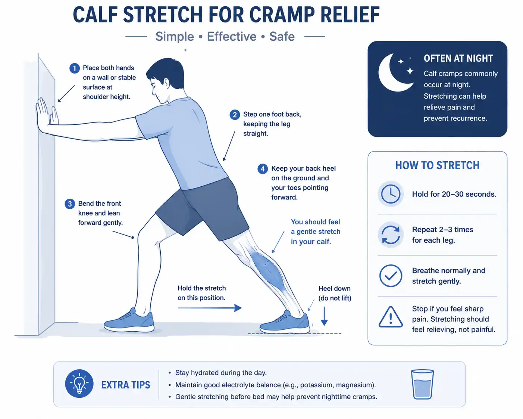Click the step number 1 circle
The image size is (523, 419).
point(75,68)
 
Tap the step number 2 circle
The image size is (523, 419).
point(235,115)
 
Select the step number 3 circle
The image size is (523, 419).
point(70,204)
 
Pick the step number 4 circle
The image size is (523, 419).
point(263,169)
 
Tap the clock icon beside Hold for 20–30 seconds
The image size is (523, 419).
point(391,194)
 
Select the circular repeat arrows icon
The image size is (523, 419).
point(391,235)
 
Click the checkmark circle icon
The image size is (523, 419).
point(391,276)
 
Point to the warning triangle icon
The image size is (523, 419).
point(391,317)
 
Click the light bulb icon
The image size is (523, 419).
point(79,384)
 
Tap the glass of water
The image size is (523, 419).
point(422,384)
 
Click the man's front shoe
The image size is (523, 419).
point(129,321)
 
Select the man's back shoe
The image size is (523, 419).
point(285,322)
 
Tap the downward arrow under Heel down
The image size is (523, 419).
point(324,316)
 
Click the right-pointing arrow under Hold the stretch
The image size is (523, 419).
point(210,308)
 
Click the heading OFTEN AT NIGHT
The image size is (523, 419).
point(458,58)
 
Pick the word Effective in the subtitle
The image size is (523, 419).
point(232,37)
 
